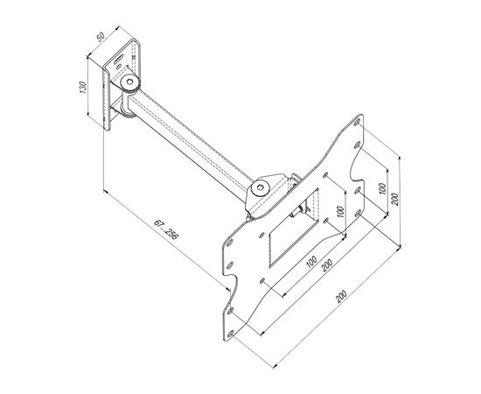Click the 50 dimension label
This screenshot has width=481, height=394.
[x=101, y=36]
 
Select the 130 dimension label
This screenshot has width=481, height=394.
[x=83, y=88]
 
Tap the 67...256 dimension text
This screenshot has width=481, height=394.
[x=165, y=229]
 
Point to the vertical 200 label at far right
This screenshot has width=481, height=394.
[x=394, y=199]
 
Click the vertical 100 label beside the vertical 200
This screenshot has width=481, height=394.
[x=382, y=188]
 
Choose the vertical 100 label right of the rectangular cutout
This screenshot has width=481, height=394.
[x=340, y=212]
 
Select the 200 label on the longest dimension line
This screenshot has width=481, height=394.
[x=341, y=296]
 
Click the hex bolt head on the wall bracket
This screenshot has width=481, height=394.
[x=130, y=82]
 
